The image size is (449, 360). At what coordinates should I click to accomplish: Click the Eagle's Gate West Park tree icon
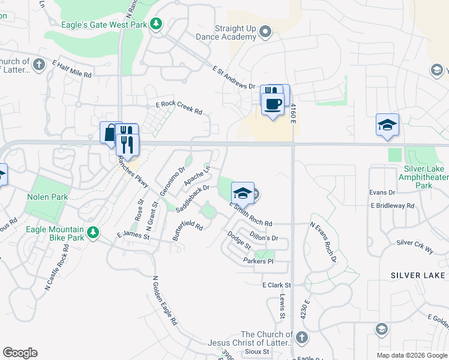coord(156,24)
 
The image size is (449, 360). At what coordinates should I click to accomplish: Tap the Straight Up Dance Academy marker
coord(266,32)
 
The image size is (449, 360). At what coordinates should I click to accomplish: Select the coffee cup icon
coord(273,104)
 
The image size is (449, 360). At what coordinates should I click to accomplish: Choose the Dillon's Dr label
coord(264,238)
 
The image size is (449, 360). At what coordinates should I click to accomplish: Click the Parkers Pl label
coord(258,261)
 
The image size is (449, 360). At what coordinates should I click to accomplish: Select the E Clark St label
coord(276,285)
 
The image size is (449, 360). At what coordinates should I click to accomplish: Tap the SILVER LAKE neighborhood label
coord(418,275)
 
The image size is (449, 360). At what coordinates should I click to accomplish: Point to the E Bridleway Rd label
coord(393,205)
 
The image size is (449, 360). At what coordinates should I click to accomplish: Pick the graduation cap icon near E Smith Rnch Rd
coord(243,193)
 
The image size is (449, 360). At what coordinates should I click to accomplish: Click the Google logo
coord(20,353)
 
